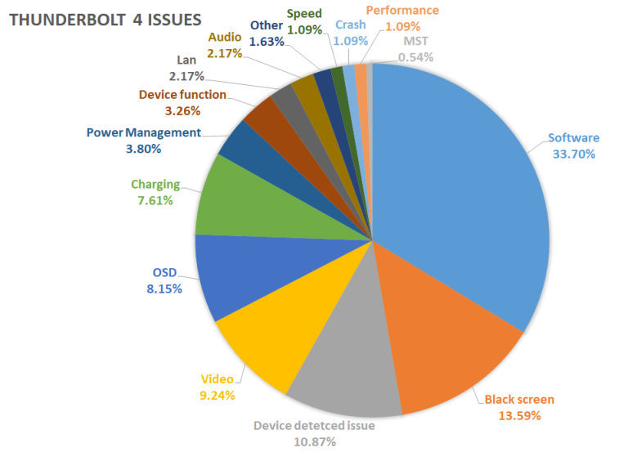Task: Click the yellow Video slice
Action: coord(262,343)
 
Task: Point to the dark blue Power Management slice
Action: coord(236,143)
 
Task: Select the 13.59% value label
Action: coord(518,415)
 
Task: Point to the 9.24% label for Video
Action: coord(218,395)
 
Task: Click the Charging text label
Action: coord(155,185)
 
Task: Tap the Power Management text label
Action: coord(143,132)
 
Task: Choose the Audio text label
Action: coord(225,38)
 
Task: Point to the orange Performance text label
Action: coord(401,10)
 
